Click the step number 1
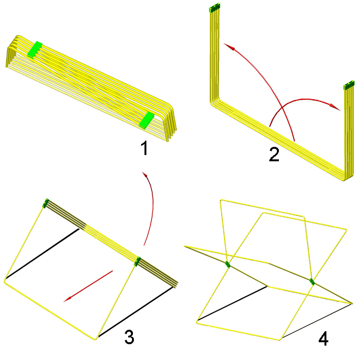[144, 148]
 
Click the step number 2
[274, 154]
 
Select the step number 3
[129, 336]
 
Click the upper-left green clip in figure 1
[35, 49]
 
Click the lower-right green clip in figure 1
[146, 120]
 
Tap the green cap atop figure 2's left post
[215, 8]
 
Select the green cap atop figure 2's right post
[349, 85]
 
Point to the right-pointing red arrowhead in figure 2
[335, 107]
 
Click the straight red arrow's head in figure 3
[68, 299]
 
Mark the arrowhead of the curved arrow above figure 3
[144, 175]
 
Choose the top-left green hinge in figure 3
[46, 203]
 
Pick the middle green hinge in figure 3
[137, 262]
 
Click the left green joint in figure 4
[228, 264]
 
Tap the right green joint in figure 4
[312, 282]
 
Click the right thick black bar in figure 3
[135, 312]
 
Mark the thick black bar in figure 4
[232, 303]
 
